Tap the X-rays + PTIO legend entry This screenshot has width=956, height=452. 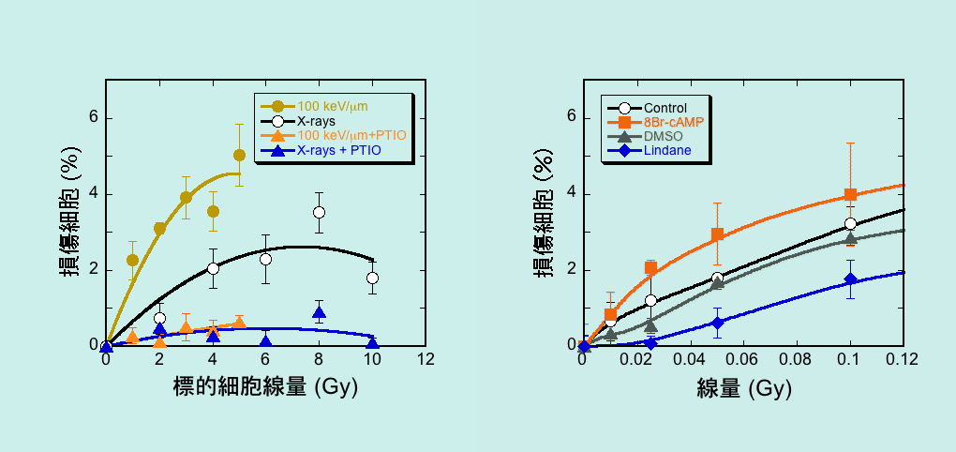(x=338, y=150)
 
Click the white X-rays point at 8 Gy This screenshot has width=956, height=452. (x=319, y=212)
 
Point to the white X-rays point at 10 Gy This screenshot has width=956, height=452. (x=372, y=278)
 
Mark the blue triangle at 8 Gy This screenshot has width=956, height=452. (x=319, y=312)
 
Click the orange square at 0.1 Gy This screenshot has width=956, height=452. (x=850, y=194)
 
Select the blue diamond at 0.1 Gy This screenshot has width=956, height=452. (x=850, y=279)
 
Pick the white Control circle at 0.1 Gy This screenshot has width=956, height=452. (x=850, y=223)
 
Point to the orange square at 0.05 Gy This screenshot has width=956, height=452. (x=717, y=234)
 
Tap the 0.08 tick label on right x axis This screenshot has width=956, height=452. (x=797, y=360)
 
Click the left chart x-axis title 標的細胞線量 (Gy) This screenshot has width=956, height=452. (x=266, y=385)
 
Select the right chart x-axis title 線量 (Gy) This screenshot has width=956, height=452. (x=743, y=385)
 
